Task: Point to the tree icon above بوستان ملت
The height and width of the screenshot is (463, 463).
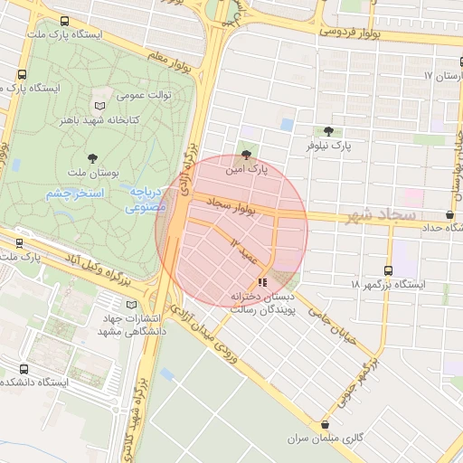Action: tap(92, 157)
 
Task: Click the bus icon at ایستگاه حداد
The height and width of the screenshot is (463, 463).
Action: tap(450, 215)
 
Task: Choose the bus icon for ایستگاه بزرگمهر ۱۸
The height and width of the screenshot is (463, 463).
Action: tap(389, 270)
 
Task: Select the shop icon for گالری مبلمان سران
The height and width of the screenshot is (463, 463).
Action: tap(325, 425)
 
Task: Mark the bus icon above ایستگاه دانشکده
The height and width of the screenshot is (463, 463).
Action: tap(24, 369)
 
